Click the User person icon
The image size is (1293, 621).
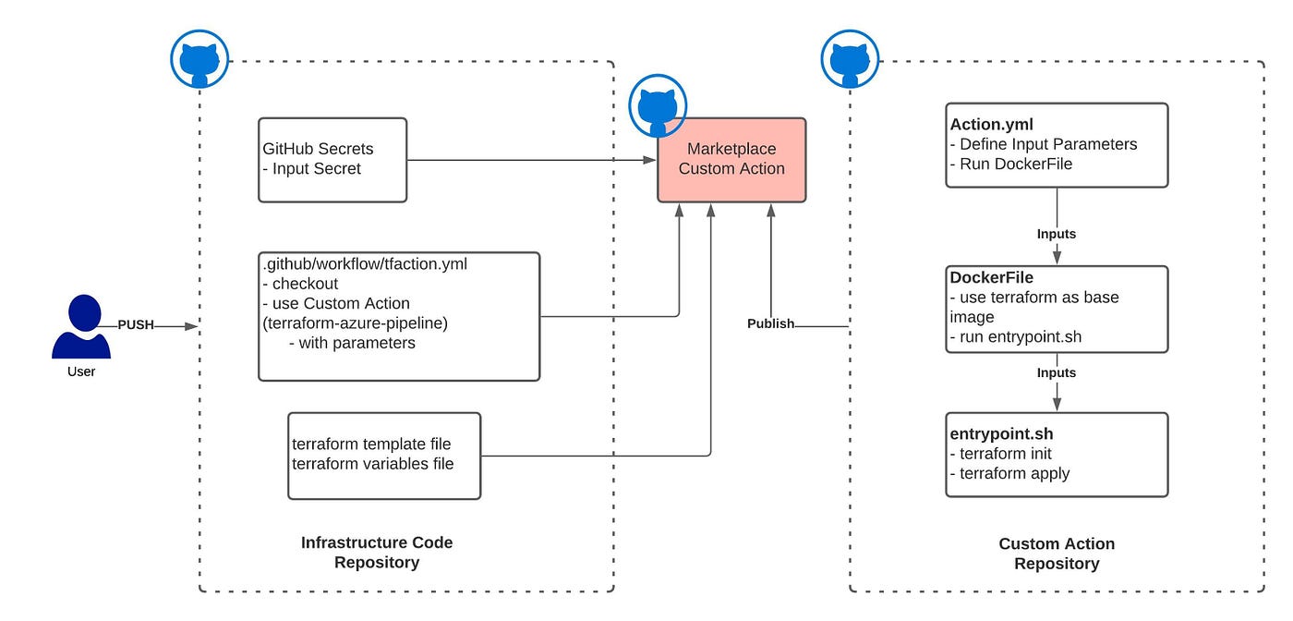point(81,326)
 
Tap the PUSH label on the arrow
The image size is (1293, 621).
point(136,324)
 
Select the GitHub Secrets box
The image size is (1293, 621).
point(332,160)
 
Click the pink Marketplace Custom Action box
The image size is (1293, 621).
point(731,160)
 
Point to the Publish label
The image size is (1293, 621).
point(770,323)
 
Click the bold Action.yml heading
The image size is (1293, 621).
point(991,124)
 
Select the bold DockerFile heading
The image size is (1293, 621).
point(991,277)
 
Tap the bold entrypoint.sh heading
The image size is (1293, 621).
point(1001,433)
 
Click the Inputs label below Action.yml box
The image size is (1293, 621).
point(1057,234)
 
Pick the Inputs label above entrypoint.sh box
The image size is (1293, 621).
point(1057,372)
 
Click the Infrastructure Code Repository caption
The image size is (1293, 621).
point(377,553)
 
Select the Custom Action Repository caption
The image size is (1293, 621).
point(1057,554)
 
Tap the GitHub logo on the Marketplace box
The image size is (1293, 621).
point(658,105)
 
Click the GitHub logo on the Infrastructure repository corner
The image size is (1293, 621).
point(199,59)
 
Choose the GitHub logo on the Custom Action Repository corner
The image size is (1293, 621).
point(850,59)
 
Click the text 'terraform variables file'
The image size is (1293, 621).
point(373,464)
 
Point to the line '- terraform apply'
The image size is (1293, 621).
point(1009,474)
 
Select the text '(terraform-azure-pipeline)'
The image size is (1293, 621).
point(355,323)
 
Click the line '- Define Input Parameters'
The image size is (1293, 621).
point(1044,144)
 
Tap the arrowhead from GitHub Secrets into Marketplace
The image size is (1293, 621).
point(650,160)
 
